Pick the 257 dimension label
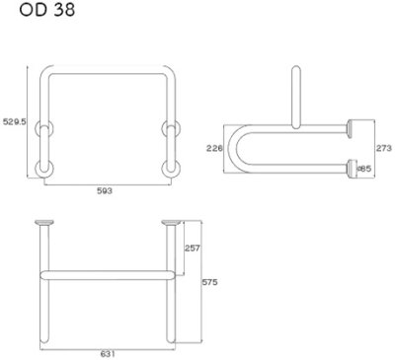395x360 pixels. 194,247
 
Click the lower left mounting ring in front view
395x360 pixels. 42,165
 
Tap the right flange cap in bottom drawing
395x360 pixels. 170,222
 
